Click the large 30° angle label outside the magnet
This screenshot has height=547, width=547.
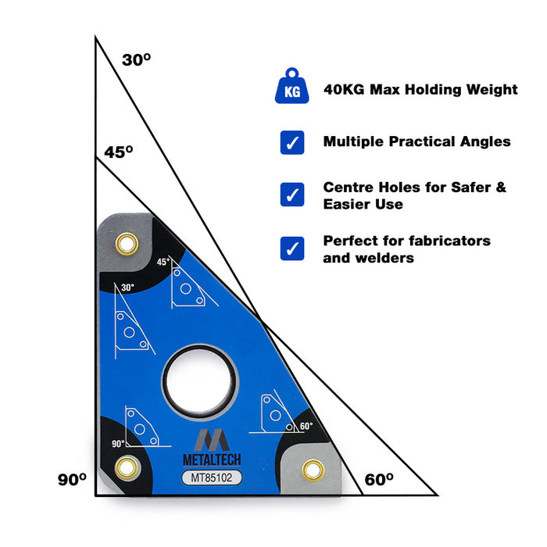tap(136, 59)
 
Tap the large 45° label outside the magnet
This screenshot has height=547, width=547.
tap(119, 152)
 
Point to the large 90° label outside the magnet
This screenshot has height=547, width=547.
tap(72, 480)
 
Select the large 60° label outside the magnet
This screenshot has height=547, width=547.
tap(379, 480)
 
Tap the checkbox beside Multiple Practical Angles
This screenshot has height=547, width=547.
tap(291, 142)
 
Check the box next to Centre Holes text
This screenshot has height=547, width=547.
tap(291, 195)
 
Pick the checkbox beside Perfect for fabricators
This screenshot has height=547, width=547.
tap(291, 248)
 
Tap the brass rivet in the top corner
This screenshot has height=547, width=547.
tap(124, 245)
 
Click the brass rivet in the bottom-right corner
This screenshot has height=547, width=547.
tap(314, 469)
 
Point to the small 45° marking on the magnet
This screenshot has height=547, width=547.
tap(163, 262)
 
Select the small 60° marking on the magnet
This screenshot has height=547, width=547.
tap(306, 426)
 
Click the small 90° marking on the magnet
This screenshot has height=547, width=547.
tap(119, 443)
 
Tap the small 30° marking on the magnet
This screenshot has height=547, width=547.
tap(127, 288)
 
